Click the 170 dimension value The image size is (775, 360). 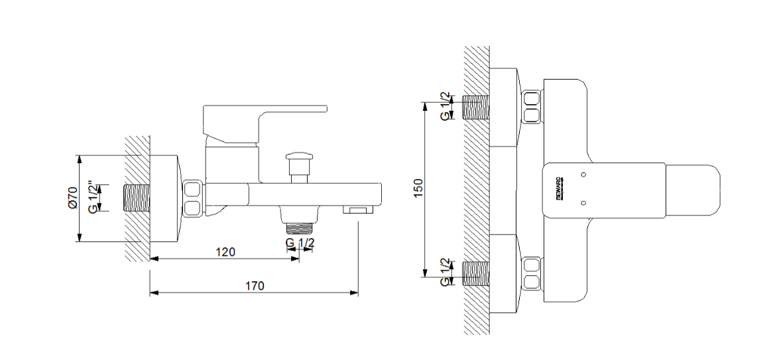pyautogui.click(x=255, y=286)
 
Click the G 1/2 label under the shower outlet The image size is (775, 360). pyautogui.click(x=300, y=243)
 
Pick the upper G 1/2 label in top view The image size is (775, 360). pyautogui.click(x=445, y=106)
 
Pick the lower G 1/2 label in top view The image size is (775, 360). pyautogui.click(x=445, y=272)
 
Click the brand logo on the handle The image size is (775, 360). pyautogui.click(x=558, y=190)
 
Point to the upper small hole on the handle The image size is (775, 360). pyautogui.click(x=583, y=174)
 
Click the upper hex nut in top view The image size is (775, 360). pyautogui.click(x=532, y=108)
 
